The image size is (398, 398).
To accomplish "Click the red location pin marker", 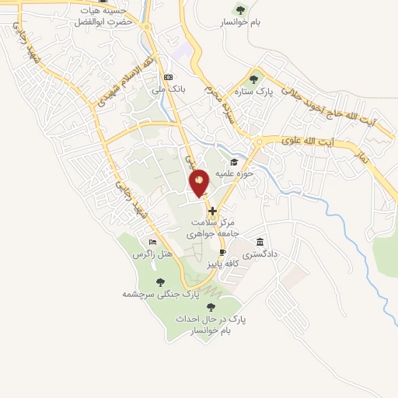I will pos(200,183).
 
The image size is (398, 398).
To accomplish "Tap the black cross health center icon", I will pos(212,210).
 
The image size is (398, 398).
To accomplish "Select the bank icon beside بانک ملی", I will pos(168,77).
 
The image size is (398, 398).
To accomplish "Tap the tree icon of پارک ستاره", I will pos(253,78).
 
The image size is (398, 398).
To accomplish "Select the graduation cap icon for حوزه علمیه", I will pos(234,162).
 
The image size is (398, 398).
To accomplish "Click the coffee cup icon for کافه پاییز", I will pos(222,253).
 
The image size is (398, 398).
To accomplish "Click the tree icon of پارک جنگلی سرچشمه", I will pos(160,283).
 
